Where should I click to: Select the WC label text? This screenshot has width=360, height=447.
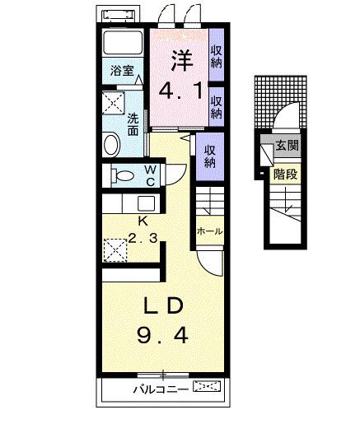click(x=151, y=175)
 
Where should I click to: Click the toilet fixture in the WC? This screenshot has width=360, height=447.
click(x=123, y=175)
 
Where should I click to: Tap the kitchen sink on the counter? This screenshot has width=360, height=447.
click(x=145, y=204)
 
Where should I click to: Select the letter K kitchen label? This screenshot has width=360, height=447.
click(x=142, y=221)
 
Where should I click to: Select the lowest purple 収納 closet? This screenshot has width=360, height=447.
click(x=210, y=156)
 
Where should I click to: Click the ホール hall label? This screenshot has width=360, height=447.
click(x=209, y=232)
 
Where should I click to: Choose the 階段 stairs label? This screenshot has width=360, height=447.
click(x=285, y=174)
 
